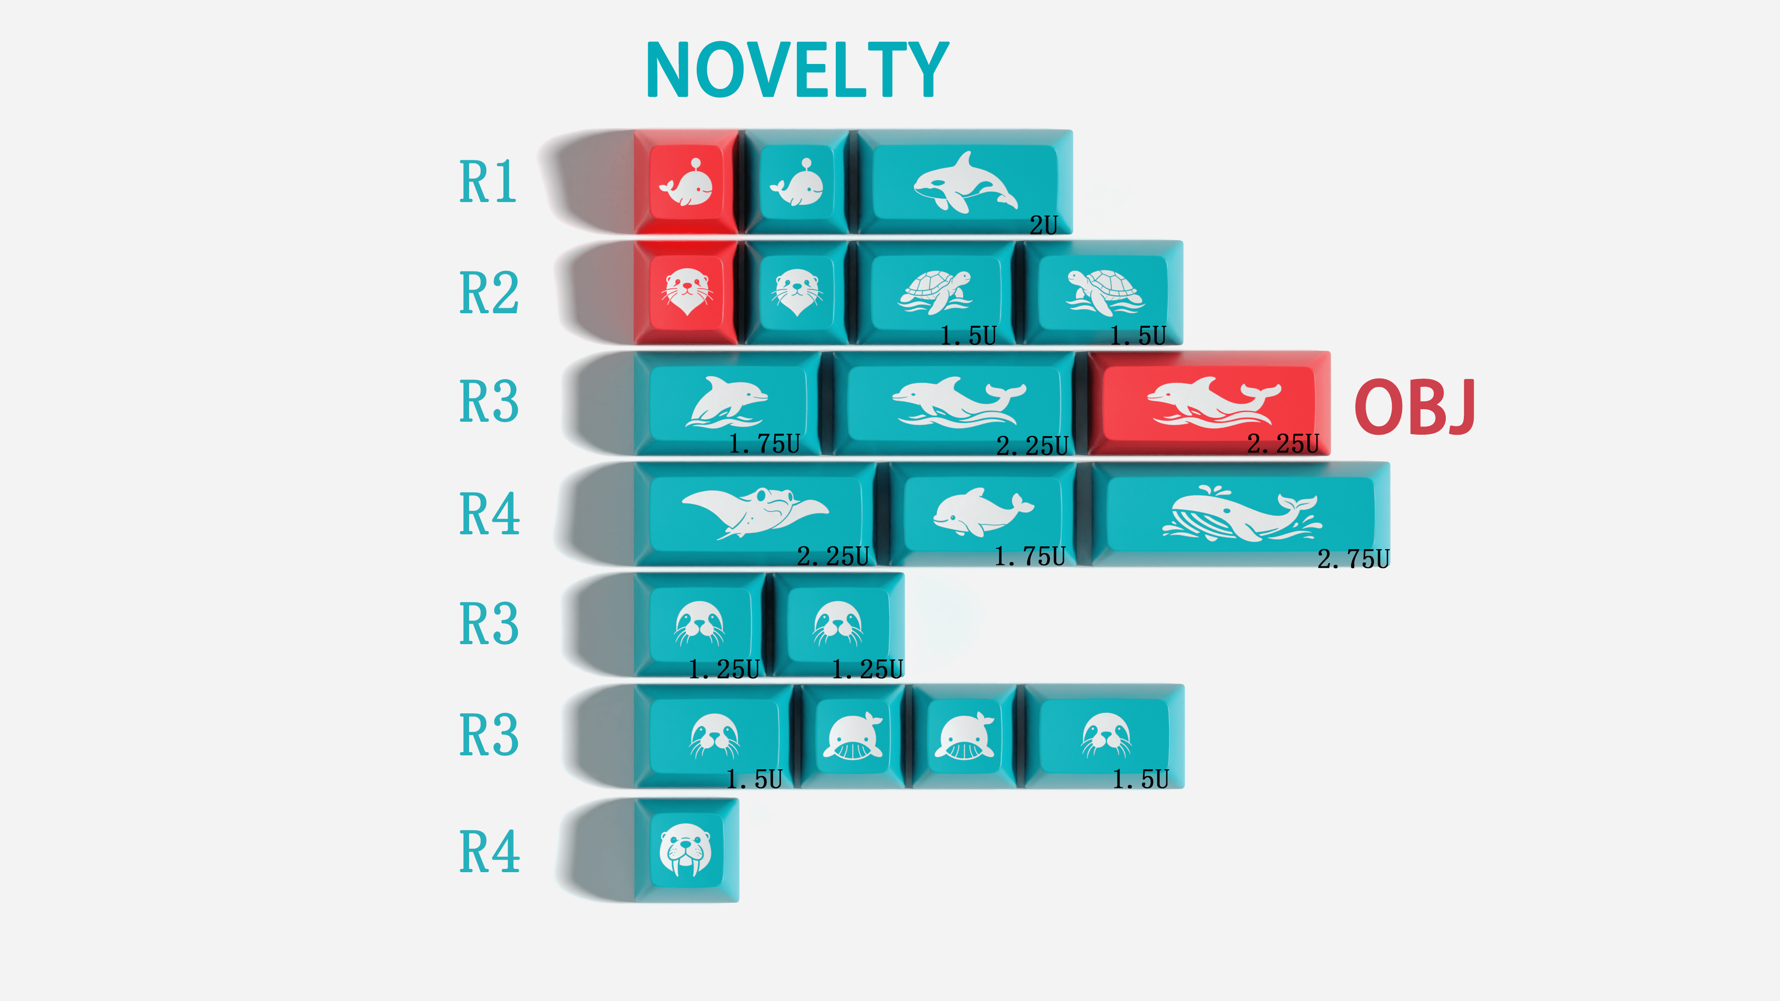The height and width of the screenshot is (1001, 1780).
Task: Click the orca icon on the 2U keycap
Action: coord(965,183)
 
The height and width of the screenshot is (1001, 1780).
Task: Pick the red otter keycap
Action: coord(686,292)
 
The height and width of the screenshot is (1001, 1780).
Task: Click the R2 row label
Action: coord(489,293)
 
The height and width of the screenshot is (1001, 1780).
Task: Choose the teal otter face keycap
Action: coord(797,292)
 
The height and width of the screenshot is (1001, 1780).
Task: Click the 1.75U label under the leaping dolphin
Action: coord(764,443)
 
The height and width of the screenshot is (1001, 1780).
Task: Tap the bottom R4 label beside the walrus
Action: coord(489,852)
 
